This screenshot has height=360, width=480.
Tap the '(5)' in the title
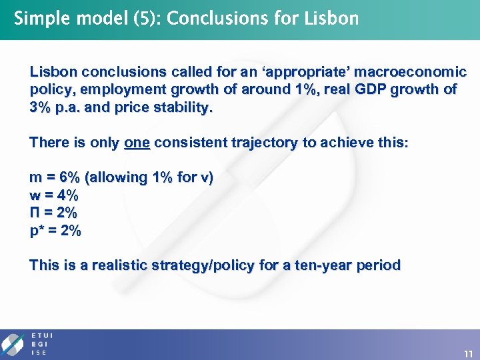(x=146, y=19)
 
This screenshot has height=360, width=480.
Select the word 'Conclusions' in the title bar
(x=215, y=18)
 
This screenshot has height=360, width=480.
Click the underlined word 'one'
(x=137, y=142)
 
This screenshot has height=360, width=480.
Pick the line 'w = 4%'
(x=54, y=195)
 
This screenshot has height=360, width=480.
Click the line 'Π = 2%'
(x=53, y=213)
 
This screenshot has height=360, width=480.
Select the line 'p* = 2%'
(x=55, y=231)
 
